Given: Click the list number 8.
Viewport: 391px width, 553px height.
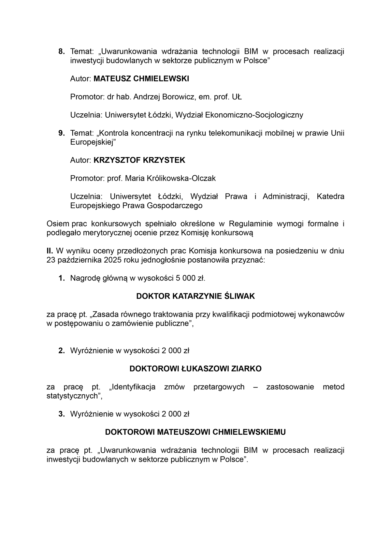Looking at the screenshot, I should (61, 51).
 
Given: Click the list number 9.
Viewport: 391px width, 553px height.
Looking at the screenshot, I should (61, 133).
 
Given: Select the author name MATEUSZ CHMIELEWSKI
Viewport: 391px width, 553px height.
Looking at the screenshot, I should (141, 79).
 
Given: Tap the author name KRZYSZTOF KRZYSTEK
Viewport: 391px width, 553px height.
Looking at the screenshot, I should (139, 160).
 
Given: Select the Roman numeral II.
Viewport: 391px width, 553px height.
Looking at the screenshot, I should (50, 251).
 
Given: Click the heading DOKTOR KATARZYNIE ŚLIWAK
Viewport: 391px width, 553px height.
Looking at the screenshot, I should (195, 296).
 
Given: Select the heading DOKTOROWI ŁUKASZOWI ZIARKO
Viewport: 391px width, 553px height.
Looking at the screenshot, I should (195, 369).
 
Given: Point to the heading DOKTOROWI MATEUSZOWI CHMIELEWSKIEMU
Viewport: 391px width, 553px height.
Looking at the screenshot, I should (195, 432).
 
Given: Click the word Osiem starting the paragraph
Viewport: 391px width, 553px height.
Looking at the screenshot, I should (58, 224).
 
